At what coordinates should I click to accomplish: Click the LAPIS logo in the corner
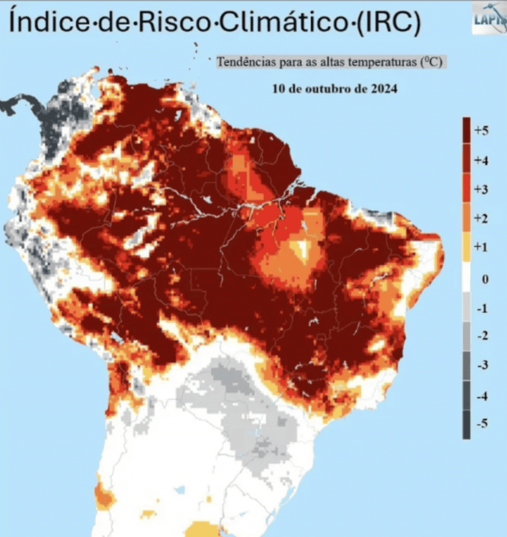click(x=489, y=18)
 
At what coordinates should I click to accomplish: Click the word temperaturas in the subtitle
click(x=383, y=62)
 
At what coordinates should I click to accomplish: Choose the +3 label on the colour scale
click(x=481, y=190)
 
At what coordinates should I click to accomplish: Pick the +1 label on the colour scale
click(x=481, y=247)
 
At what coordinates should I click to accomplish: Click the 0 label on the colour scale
click(x=485, y=279)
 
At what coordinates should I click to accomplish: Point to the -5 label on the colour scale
click(x=483, y=424)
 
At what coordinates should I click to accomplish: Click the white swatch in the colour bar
click(x=466, y=279)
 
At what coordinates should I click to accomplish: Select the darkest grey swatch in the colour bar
click(x=466, y=424)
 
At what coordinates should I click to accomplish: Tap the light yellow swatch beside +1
click(x=466, y=250)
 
